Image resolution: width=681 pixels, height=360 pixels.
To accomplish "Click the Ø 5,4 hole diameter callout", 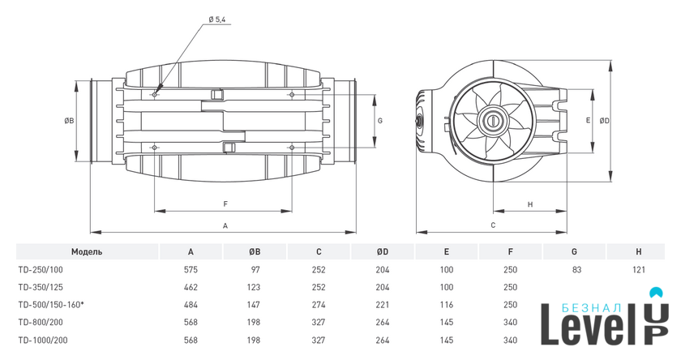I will click(x=217, y=19).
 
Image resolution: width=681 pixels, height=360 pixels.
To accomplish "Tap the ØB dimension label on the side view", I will click(x=69, y=121).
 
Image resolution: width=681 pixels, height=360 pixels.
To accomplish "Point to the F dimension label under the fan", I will click(x=225, y=204).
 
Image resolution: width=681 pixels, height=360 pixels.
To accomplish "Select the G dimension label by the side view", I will click(x=379, y=120).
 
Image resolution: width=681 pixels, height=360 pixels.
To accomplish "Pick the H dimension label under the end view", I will click(x=529, y=204).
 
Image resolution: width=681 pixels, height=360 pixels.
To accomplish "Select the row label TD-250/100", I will click(x=40, y=270).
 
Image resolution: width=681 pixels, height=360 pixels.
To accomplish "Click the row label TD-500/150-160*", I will click(x=51, y=305).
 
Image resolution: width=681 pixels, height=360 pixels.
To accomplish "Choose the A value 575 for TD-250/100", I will click(x=191, y=270).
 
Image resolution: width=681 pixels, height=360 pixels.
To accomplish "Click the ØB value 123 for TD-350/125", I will click(x=255, y=287).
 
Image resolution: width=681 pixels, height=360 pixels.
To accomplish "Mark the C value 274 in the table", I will click(x=319, y=305).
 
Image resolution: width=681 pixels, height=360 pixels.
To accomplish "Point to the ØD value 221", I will click(x=383, y=305).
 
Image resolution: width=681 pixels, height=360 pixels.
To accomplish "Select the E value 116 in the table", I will click(x=447, y=305).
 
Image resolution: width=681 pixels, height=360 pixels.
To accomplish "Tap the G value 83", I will click(x=575, y=270).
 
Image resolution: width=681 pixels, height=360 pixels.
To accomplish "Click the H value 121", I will click(x=639, y=270).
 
